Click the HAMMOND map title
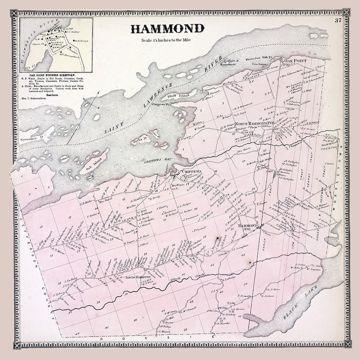point(167,29)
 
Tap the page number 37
point(338,20)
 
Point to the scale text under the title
point(167,42)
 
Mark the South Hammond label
point(137,277)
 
